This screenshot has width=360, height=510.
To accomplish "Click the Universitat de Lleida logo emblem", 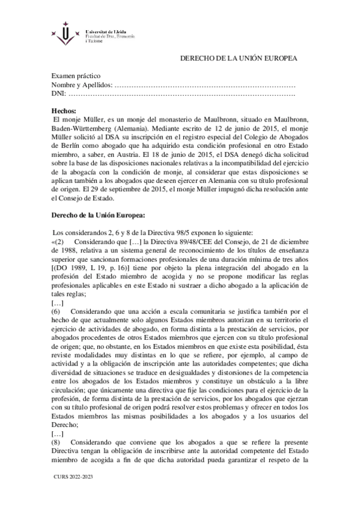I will pos(61,37).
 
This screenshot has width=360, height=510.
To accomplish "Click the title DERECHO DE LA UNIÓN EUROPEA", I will pos(239,58).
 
